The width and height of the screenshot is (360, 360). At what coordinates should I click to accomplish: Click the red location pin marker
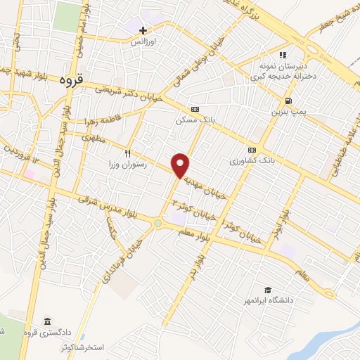point(181,165)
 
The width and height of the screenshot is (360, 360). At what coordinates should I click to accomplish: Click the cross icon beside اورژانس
point(143,30)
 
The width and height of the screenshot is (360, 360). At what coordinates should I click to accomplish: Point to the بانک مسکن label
point(195,120)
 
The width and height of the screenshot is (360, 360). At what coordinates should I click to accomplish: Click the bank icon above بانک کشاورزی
point(251,150)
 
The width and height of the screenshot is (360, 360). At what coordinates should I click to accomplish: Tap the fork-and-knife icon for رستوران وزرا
point(127,153)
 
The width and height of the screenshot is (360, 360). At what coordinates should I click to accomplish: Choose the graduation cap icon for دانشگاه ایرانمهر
point(267,290)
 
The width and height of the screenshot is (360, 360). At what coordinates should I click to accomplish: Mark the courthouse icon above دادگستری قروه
point(47,321)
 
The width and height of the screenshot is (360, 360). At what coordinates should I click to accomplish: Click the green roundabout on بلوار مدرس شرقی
point(158,224)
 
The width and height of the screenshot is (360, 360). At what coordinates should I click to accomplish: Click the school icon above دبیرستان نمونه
point(282,55)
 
